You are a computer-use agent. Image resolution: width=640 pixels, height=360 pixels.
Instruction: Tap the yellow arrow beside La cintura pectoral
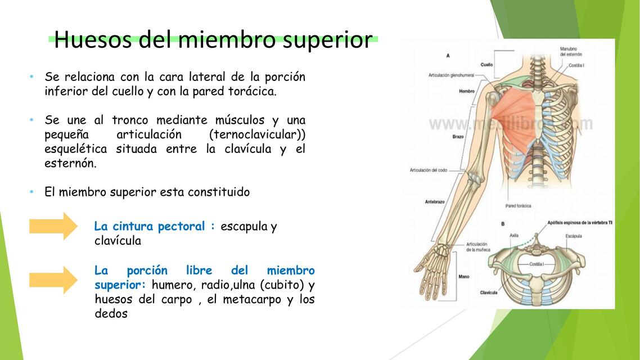[x=53, y=226]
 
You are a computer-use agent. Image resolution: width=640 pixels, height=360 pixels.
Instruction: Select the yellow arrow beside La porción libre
[x=53, y=280]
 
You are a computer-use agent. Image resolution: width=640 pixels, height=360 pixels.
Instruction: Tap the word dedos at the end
[x=111, y=314]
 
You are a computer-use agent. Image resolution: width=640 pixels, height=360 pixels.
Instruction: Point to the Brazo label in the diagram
[x=458, y=137]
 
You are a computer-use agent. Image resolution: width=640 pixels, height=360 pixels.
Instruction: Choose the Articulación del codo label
[x=428, y=170]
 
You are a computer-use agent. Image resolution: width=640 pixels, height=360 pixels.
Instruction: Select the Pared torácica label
[x=518, y=206]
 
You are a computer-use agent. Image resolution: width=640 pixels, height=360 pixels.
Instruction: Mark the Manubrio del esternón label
[x=571, y=52]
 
